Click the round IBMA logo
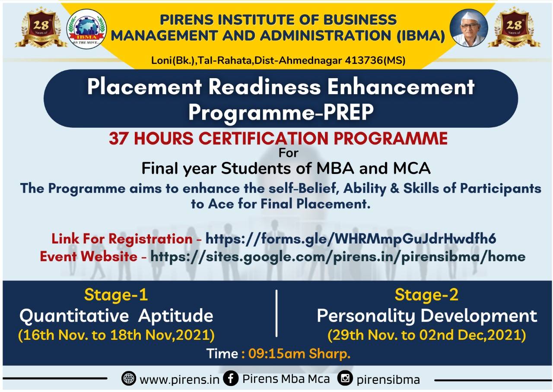tap(86, 29)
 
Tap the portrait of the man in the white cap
tap(469, 28)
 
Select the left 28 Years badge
tap(41, 27)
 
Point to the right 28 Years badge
tap(514, 27)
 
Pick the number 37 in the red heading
tap(118, 139)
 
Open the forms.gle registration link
tap(350, 239)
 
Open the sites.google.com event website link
tap(338, 257)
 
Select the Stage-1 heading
tap(116, 295)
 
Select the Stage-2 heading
tap(426, 295)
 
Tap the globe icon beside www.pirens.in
tap(129, 378)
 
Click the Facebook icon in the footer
tap(231, 378)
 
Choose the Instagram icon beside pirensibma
tap(345, 378)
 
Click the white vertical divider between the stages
tap(276, 313)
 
